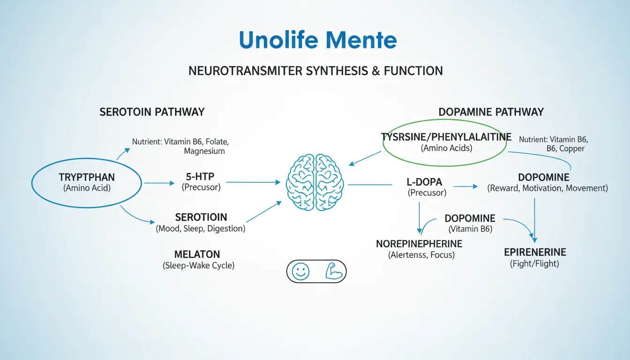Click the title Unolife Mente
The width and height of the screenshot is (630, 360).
(x=318, y=40)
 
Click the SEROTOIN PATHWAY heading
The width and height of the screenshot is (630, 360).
(x=152, y=112)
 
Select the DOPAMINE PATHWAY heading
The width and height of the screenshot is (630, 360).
(x=491, y=112)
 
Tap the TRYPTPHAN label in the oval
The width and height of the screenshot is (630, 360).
(x=87, y=178)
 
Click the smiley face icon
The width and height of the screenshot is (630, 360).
(x=301, y=271)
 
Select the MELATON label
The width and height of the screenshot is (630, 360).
(x=197, y=255)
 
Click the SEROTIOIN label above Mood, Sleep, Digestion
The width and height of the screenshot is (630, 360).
(x=201, y=217)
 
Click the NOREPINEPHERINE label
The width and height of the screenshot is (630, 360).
(x=419, y=244)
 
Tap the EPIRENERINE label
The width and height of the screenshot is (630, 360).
(x=535, y=252)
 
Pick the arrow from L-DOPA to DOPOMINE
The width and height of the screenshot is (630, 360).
(x=465, y=187)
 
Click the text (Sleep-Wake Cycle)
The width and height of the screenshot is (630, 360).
(x=198, y=265)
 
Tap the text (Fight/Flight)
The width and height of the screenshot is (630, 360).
(x=534, y=263)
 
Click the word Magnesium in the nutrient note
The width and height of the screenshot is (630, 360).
(x=204, y=151)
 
